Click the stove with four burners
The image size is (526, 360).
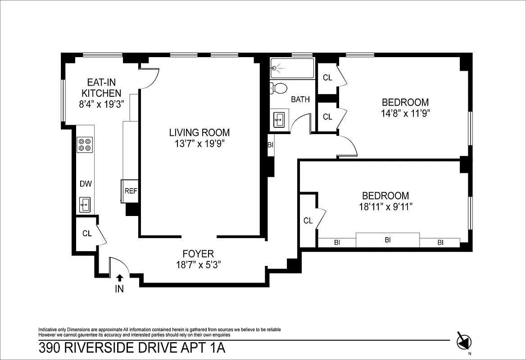pyautogui.click(x=85, y=144)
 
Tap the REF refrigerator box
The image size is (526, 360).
pyautogui.click(x=131, y=191)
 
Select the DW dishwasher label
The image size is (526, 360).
pyautogui.click(x=86, y=184)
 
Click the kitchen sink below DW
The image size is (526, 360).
pyautogui.click(x=85, y=205)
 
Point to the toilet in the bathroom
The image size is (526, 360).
pyautogui.click(x=279, y=88)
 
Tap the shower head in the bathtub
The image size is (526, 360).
pyautogui.click(x=275, y=68)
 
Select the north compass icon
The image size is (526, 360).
pyautogui.click(x=464, y=341)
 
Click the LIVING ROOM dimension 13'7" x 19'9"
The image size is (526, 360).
pyautogui.click(x=199, y=144)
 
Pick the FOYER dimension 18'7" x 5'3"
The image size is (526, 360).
pyautogui.click(x=198, y=265)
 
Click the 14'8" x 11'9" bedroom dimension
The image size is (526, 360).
pyautogui.click(x=405, y=113)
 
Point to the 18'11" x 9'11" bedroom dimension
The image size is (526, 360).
pyautogui.click(x=386, y=207)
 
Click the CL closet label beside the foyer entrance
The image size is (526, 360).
pyautogui.click(x=87, y=234)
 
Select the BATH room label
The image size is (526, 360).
pyautogui.click(x=300, y=99)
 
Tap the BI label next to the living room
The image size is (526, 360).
pyautogui.click(x=271, y=145)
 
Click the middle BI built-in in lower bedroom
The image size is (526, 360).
pyautogui.click(x=387, y=240)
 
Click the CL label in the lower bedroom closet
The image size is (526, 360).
pyautogui.click(x=308, y=220)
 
